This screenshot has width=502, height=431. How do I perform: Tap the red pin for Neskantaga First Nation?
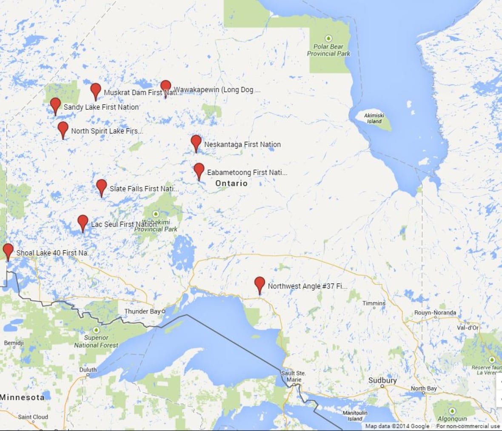coord(196,142)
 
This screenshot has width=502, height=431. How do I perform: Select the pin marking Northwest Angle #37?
coord(260,284)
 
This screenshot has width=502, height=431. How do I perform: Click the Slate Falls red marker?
coord(101,187)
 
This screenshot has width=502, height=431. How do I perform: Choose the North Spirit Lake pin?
coord(63,129)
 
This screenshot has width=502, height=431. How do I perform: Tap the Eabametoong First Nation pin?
coord(199,170)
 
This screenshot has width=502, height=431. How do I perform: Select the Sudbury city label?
coord(382,380)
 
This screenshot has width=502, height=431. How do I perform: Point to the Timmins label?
coord(374,303)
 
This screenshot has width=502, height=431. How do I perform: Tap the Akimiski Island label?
coord(374,118)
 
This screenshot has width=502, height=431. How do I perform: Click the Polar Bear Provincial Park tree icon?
coord(328,39)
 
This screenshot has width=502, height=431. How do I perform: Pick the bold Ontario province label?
coord(231,183)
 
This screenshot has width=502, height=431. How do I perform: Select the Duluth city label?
coord(88,370)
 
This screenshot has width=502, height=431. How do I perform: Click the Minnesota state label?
coord(22,397)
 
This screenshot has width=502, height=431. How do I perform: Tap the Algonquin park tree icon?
coord(452,411)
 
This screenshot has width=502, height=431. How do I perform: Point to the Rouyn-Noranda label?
coord(435,313)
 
